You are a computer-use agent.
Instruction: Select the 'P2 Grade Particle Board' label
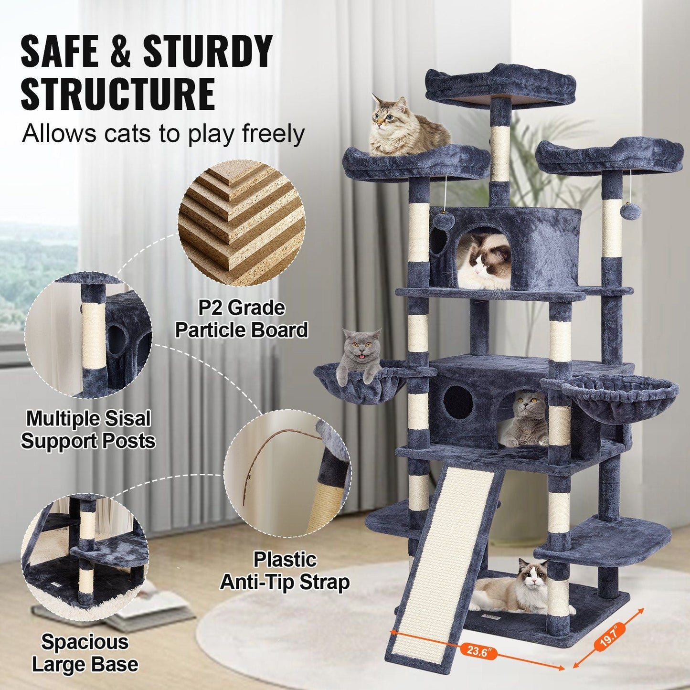(241, 319)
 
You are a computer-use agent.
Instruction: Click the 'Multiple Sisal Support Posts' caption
(88, 430)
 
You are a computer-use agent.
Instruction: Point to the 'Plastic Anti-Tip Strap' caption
(285, 571)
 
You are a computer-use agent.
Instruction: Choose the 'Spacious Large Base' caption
(85, 653)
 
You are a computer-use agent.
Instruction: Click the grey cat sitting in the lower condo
(525, 419)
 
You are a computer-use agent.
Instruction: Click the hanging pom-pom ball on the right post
(635, 211)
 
